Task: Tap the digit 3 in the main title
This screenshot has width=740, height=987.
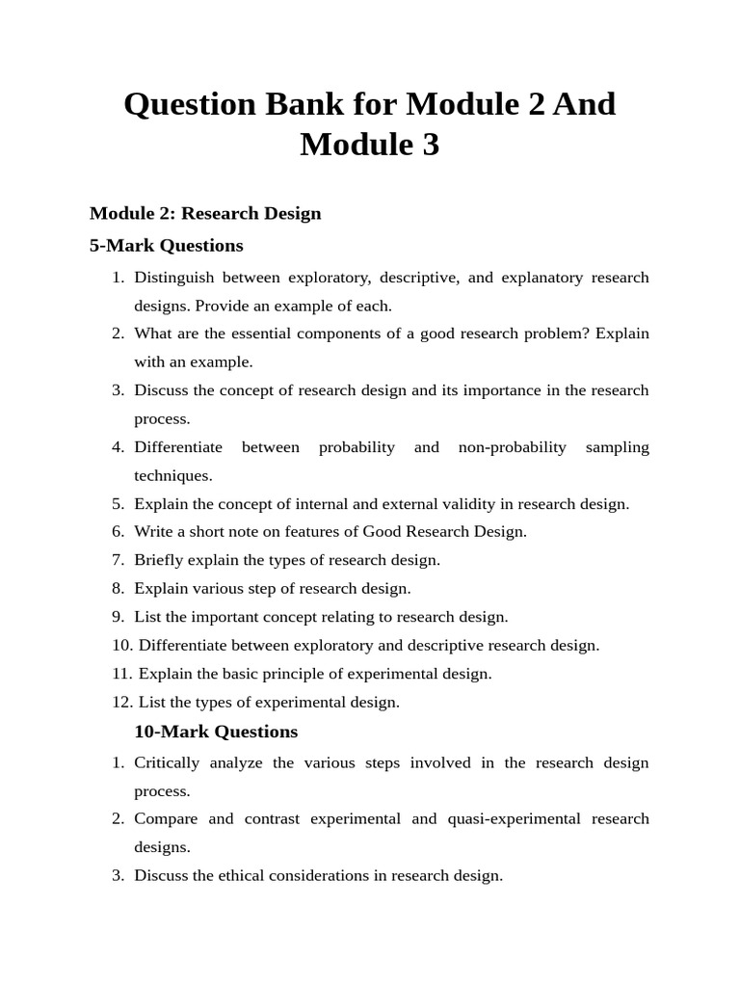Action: (429, 145)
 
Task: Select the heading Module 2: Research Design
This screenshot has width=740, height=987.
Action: (205, 213)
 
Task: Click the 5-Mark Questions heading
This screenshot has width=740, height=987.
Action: (166, 245)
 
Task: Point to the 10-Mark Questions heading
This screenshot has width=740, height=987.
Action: (216, 732)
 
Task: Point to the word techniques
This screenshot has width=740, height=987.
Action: (172, 475)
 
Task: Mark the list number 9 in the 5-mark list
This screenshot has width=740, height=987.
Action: (118, 617)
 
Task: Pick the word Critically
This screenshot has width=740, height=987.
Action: (167, 762)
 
